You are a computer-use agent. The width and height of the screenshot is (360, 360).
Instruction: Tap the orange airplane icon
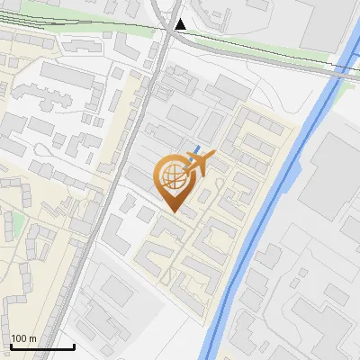pyautogui.click(x=198, y=163)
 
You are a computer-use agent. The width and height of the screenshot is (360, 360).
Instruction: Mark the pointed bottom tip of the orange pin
pyautogui.click(x=175, y=212)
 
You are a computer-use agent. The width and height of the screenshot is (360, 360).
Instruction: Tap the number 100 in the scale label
pyautogui.click(x=20, y=339)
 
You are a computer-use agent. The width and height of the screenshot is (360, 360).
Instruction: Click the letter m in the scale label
pyautogui.click(x=32, y=339)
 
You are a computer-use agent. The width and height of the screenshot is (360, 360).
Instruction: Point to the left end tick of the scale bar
pyautogui.click(x=10, y=345)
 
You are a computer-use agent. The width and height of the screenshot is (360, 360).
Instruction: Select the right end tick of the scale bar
pyautogui.click(x=74, y=345)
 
